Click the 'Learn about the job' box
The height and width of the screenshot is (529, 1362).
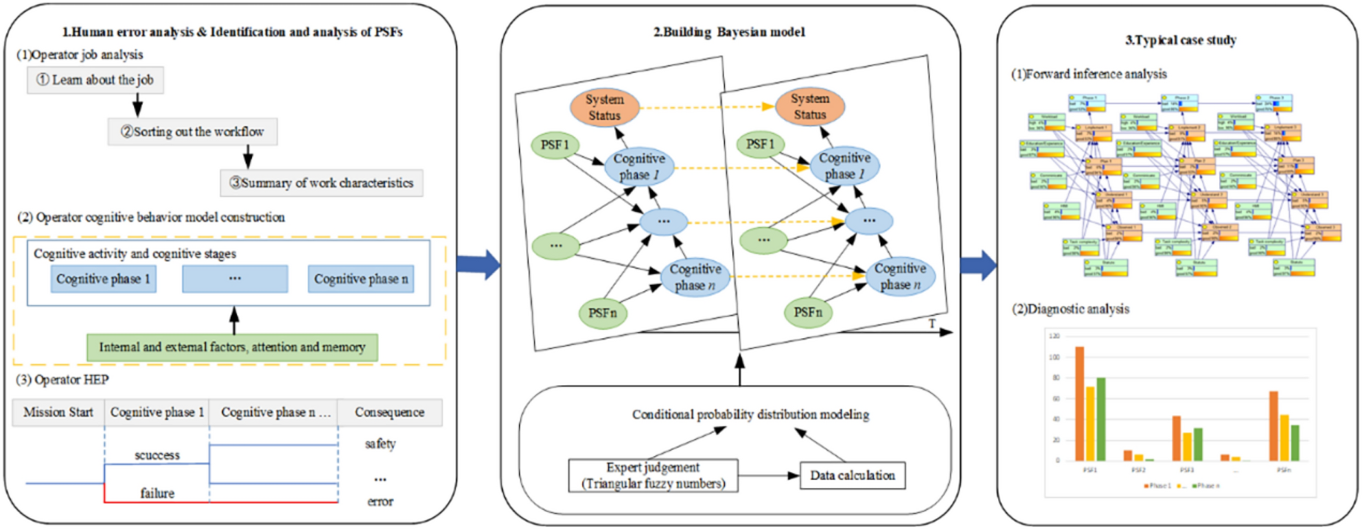click(95, 80)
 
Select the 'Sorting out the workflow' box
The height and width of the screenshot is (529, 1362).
click(192, 132)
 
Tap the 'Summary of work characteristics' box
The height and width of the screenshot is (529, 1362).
click(321, 183)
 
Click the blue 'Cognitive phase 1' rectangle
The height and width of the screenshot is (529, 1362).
click(103, 279)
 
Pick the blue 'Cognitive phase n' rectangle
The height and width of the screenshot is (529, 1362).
click(360, 279)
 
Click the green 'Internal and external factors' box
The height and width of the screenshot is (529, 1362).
click(232, 347)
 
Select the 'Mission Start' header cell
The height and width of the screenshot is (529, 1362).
click(58, 412)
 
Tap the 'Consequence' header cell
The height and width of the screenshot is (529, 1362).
click(389, 412)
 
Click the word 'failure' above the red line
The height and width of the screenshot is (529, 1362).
click(157, 493)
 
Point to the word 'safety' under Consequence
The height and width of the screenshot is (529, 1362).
click(380, 444)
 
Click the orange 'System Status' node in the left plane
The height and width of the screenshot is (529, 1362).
click(604, 107)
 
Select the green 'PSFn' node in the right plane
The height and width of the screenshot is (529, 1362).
click(808, 312)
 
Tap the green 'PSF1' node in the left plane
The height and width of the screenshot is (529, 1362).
click(555, 145)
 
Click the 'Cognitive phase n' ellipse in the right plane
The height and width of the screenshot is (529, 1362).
click(899, 277)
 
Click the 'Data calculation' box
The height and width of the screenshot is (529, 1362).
click(852, 475)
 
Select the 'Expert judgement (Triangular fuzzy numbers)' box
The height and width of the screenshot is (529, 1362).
click(653, 475)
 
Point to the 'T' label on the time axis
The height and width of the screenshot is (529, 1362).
click(932, 323)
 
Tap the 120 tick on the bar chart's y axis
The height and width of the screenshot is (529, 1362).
click(1054, 336)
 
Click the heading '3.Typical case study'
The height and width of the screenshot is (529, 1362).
click(1180, 40)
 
